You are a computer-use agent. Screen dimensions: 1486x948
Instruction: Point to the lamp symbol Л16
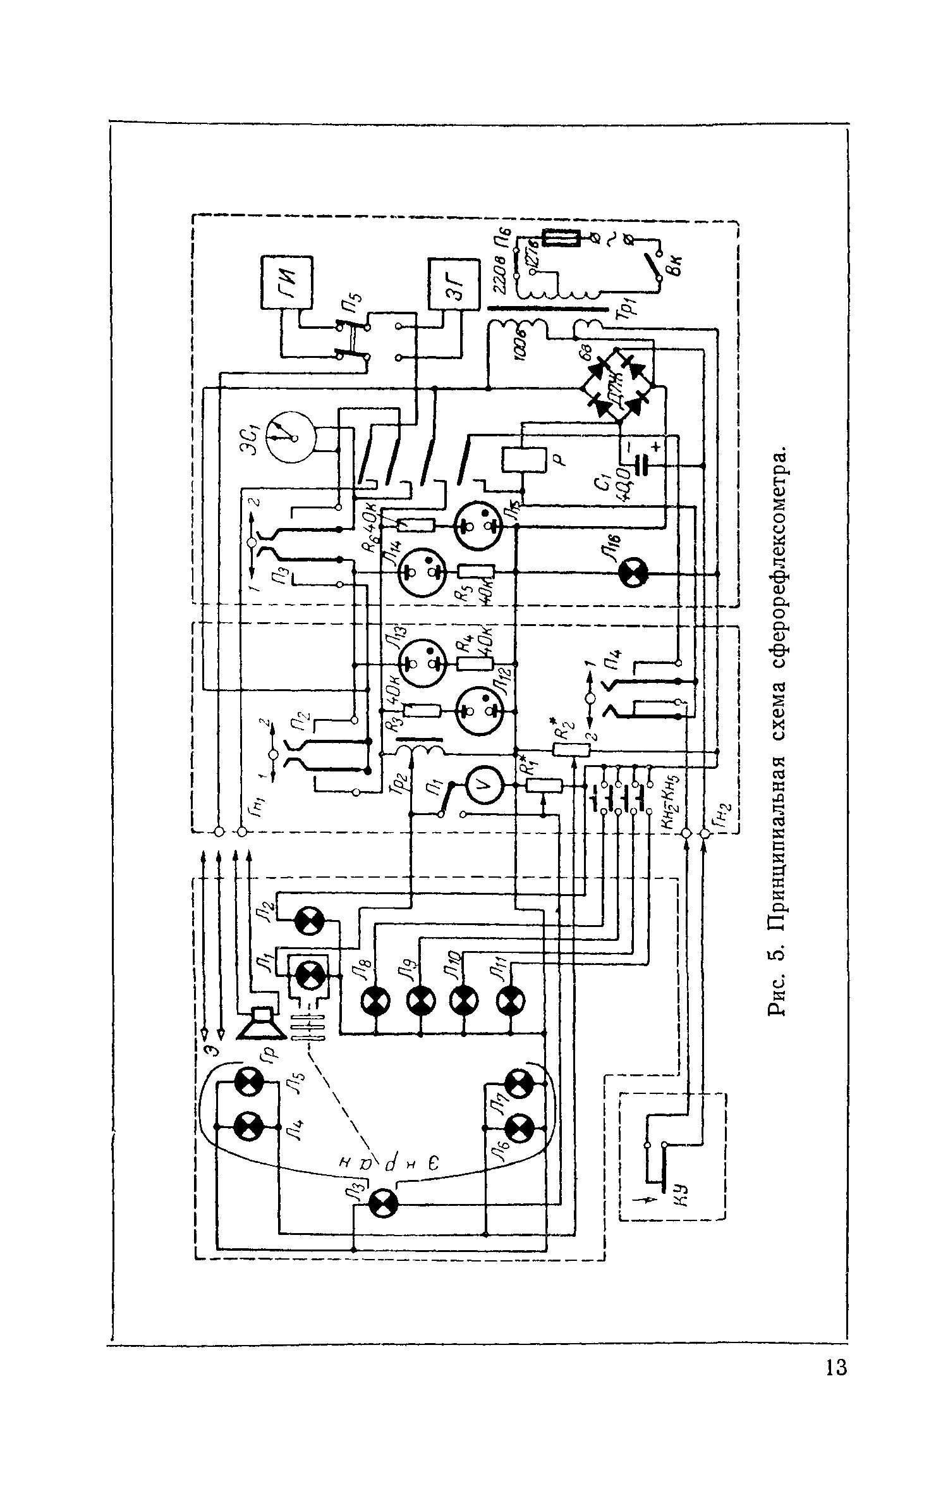click(x=630, y=573)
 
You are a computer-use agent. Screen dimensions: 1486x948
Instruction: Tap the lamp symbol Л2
click(x=310, y=922)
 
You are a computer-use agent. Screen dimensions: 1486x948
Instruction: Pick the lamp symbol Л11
click(x=509, y=999)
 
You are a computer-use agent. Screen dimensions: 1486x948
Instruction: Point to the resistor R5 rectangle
click(x=475, y=572)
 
